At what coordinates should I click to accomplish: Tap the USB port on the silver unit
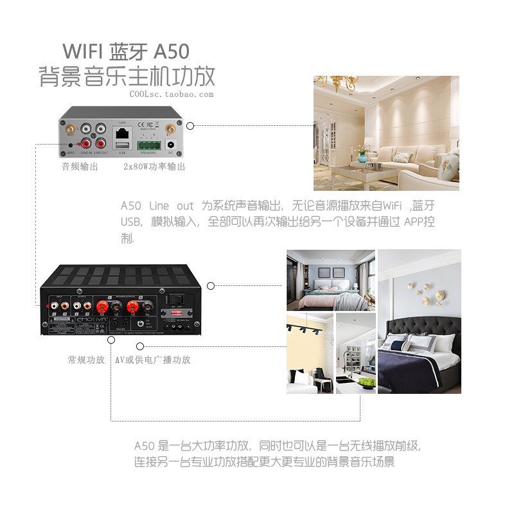pyautogui.click(x=123, y=147)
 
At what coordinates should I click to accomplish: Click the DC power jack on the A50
pyautogui.click(x=171, y=144)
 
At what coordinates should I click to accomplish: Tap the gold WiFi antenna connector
pyautogui.click(x=170, y=128)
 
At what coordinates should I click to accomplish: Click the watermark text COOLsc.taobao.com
pyautogui.click(x=171, y=94)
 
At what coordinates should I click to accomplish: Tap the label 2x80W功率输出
pyautogui.click(x=154, y=166)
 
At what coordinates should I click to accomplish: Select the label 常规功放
pyautogui.click(x=86, y=360)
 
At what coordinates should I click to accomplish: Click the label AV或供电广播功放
pyautogui.click(x=153, y=360)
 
